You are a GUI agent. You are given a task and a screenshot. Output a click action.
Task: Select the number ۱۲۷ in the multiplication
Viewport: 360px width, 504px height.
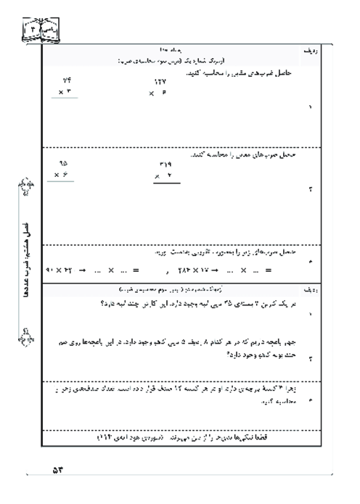[160, 83]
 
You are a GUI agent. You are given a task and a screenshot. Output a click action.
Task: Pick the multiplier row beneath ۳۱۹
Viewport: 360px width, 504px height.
[163, 176]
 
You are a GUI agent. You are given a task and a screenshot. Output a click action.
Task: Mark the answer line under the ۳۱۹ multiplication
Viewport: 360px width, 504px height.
[168, 184]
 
